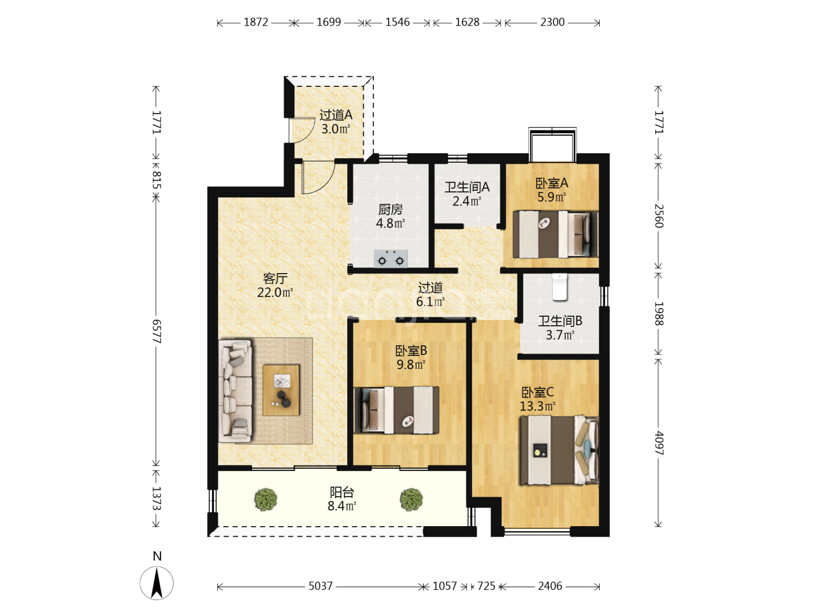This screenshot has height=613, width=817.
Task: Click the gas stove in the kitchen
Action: pos(390,259)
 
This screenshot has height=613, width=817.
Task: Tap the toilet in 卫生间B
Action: pos(559,287)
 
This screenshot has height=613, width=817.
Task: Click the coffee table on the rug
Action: pos(281,390)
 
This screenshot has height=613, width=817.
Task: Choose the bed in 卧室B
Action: pos(397,410)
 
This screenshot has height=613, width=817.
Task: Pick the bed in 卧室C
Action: pos(559,450)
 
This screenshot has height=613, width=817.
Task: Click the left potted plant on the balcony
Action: pos(266,499)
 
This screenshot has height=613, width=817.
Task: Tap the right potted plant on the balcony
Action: pos(411,499)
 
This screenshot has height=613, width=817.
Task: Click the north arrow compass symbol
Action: pos(157,583)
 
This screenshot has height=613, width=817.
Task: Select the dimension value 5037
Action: pos(320,586)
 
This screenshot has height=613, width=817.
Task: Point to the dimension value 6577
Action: pos(157,331)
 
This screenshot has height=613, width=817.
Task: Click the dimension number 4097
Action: pos(659,443)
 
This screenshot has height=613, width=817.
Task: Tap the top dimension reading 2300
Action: pos(553,22)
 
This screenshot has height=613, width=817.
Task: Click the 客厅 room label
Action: pos(275,278)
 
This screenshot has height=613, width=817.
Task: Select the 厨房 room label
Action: pos(390,209)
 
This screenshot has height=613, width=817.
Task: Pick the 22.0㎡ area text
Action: pos(275,292)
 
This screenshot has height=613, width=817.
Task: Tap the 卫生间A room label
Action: pos(467,187)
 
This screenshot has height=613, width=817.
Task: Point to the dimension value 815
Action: pos(157,180)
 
